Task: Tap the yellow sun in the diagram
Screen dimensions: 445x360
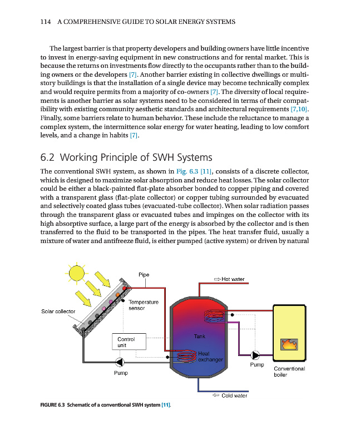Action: [x=75, y=273]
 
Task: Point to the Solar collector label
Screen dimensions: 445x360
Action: [x=59, y=311]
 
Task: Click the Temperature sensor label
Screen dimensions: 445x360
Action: [x=144, y=305]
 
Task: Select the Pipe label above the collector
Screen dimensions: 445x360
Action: [x=144, y=274]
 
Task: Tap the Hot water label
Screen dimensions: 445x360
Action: [x=233, y=279]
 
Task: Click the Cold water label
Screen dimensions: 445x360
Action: [x=234, y=395]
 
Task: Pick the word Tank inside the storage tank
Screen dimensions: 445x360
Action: [x=199, y=336]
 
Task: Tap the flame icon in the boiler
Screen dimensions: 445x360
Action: [x=289, y=344]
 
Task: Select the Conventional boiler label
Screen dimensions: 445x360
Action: [x=289, y=371]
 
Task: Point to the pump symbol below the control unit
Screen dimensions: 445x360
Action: [x=121, y=360]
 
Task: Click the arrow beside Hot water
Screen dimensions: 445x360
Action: [x=217, y=279]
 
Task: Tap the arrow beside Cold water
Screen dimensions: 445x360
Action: [x=216, y=395]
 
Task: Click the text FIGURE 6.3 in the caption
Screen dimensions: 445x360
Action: [x=53, y=405]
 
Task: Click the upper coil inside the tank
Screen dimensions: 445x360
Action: [x=215, y=317]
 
